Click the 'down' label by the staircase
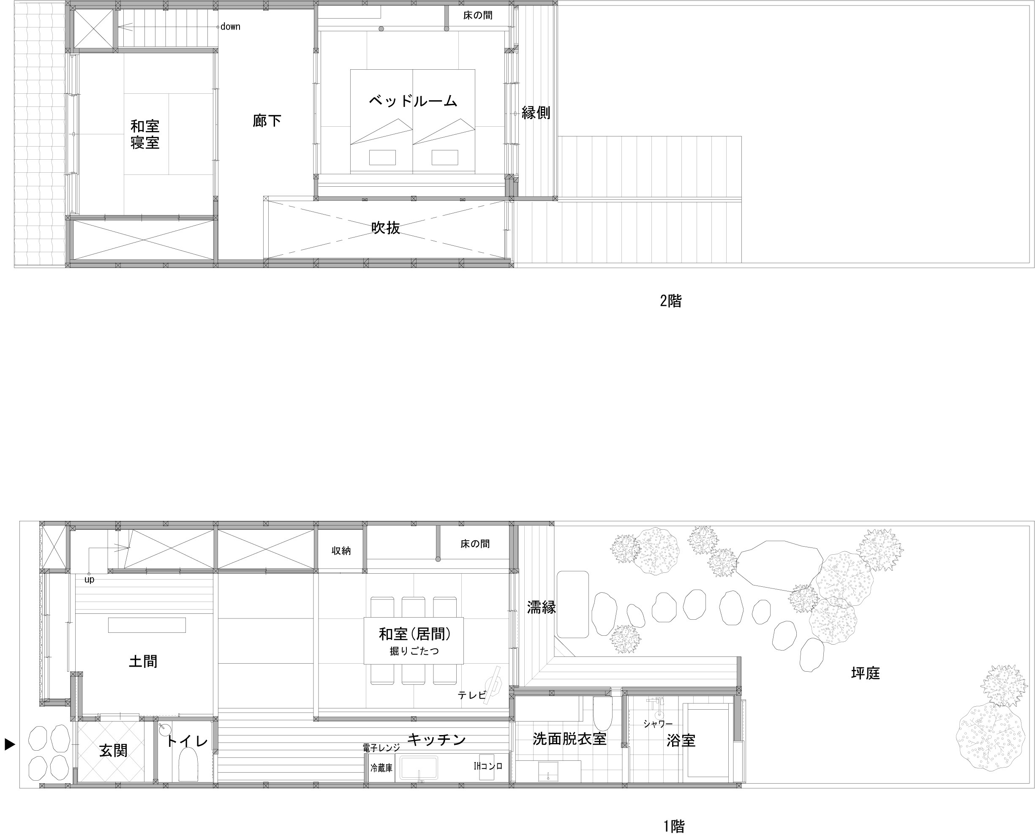point(230,27)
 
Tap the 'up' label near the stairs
point(89,580)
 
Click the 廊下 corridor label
point(267,120)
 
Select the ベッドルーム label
point(413,101)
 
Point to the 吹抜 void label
point(385,228)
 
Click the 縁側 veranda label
point(536,113)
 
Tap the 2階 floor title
point(670,301)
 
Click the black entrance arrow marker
point(10,744)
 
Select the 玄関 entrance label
point(113,750)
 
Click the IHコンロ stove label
point(488,766)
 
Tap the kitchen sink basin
point(419,768)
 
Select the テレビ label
point(471,695)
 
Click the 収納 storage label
point(341,551)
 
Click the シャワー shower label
point(658,724)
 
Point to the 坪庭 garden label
point(866,673)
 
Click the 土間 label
point(143,661)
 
